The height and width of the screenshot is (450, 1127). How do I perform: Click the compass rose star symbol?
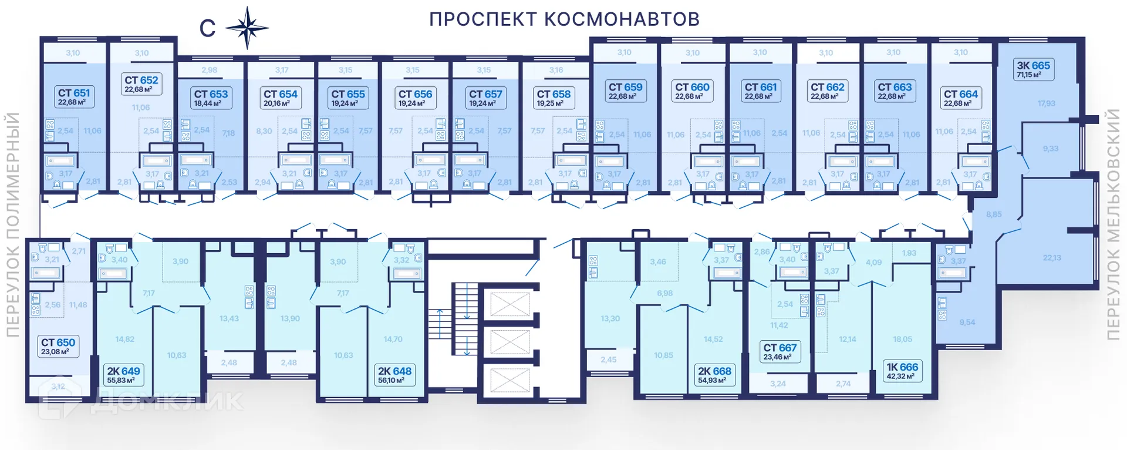[247, 28]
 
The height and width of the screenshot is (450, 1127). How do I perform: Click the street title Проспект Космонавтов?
[564, 19]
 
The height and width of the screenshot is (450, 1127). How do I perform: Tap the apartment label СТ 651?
[73, 97]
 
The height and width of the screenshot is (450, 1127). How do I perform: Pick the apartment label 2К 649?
[123, 375]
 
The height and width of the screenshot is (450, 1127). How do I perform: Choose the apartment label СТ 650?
[58, 346]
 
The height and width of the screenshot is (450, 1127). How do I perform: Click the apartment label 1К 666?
[902, 371]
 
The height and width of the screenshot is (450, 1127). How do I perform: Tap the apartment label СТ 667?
[780, 351]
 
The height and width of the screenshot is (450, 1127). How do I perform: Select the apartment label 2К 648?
[394, 375]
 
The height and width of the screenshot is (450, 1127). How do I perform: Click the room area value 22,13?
[1051, 257]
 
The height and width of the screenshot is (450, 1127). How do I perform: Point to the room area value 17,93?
[1046, 103]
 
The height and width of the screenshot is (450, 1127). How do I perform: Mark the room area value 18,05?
[902, 339]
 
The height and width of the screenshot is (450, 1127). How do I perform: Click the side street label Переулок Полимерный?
[12, 224]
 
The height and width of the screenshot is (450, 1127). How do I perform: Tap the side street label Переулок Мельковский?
[1113, 224]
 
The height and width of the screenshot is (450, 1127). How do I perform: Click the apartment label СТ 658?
[553, 98]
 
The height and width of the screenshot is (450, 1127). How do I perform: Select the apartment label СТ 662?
[827, 91]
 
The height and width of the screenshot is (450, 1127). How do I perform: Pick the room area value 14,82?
[124, 339]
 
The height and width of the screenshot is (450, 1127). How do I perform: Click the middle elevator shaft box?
[509, 342]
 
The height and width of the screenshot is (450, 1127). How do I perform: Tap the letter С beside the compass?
[207, 28]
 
